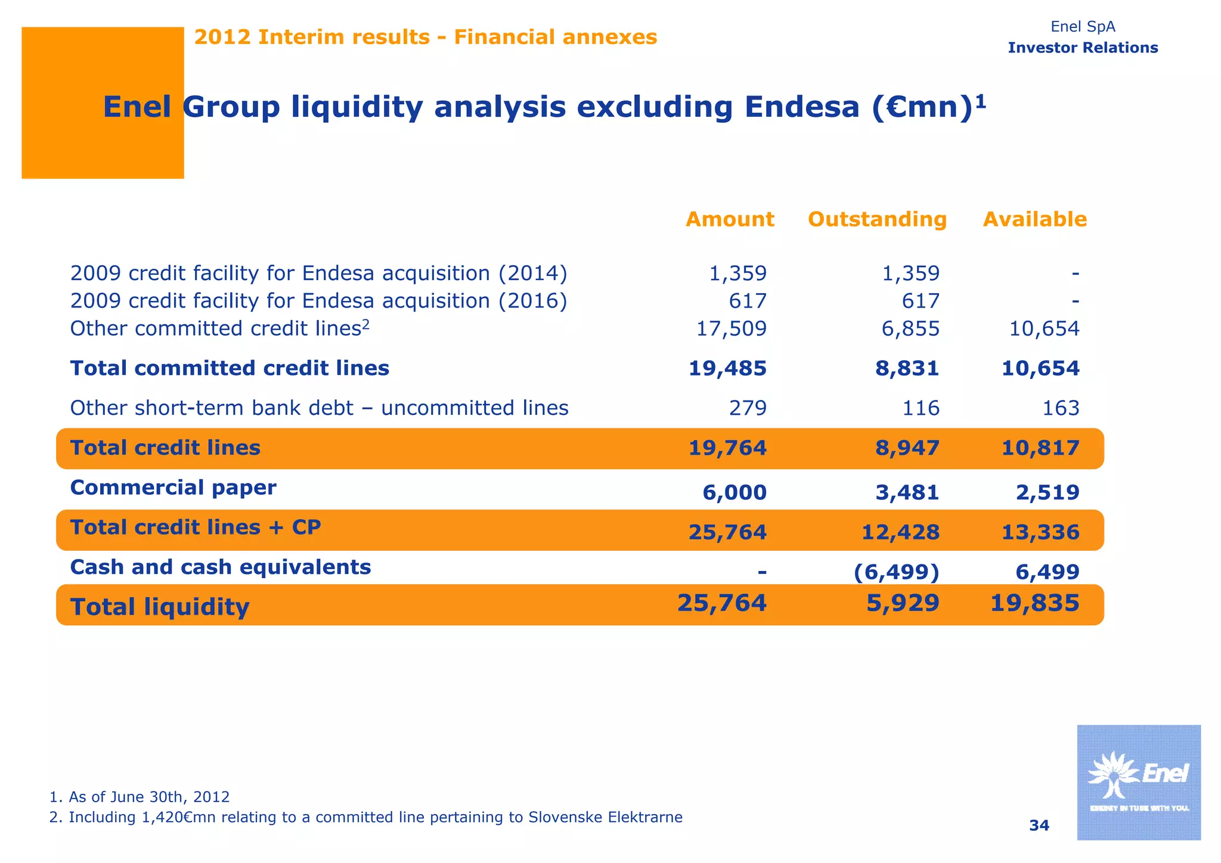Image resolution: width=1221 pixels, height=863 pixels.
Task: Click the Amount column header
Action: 730,219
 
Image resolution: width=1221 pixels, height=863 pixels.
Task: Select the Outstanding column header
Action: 877,219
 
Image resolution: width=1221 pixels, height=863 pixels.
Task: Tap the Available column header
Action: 1034,219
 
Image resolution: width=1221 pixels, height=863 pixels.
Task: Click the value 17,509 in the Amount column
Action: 732,328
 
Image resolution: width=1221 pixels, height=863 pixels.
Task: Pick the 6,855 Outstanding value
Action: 910,328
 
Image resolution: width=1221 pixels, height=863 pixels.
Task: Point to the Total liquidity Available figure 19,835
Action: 1034,603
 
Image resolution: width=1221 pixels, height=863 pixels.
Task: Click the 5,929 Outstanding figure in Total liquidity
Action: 903,603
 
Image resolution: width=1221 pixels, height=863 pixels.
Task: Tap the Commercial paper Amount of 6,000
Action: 735,492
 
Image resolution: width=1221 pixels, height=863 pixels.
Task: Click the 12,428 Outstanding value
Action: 900,532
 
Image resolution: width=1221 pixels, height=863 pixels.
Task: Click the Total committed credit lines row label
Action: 230,368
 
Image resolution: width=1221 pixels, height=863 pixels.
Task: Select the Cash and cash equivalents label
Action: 221,567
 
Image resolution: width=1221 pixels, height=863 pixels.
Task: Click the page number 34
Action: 1039,825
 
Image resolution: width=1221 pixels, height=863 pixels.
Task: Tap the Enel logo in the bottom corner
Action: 1138,782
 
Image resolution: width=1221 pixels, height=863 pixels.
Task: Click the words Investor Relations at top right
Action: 1083,48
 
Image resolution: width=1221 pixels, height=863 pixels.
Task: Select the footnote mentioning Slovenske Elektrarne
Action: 365,817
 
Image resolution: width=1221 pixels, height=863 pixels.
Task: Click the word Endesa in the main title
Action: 802,107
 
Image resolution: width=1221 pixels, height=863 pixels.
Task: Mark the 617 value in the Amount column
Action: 748,301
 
